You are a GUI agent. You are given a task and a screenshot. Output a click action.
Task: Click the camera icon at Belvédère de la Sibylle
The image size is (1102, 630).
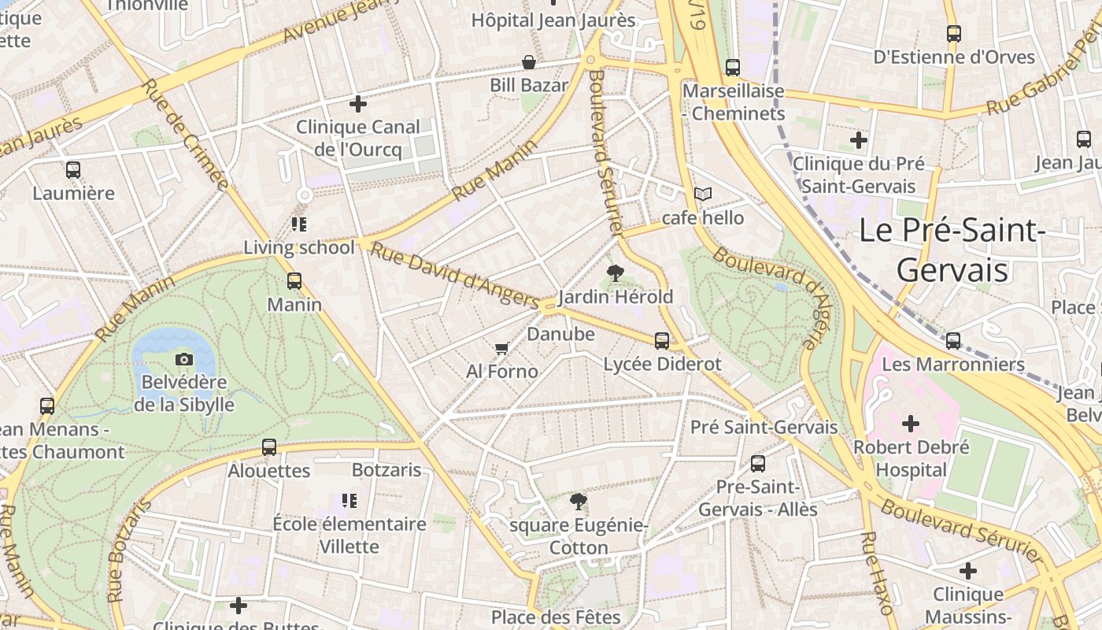point(183,359)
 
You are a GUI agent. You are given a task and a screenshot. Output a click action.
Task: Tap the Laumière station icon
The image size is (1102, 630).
point(73,169)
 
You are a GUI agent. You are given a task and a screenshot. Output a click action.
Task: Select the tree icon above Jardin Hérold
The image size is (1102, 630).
point(616,273)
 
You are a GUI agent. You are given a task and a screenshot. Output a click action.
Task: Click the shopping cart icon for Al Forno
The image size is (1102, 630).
point(501,348)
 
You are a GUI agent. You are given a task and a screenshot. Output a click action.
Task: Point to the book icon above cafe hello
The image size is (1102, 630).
point(702,194)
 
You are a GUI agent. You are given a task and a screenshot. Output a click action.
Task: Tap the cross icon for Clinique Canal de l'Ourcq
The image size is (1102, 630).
point(358,103)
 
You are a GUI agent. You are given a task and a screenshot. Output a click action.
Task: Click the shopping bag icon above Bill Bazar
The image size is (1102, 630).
point(529,62)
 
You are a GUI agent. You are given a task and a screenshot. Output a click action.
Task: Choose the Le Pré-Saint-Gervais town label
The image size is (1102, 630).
point(952,250)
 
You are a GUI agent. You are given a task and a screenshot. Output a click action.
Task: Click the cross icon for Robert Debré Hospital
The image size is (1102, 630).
point(911,424)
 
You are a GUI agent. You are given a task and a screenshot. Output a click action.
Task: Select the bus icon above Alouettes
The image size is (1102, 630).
point(269,447)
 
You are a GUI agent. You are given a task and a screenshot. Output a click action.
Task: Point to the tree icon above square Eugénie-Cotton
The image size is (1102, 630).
point(579,501)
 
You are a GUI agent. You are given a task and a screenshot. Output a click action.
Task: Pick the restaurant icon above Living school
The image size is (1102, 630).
point(298,224)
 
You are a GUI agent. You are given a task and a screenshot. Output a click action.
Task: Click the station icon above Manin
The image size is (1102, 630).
point(294,280)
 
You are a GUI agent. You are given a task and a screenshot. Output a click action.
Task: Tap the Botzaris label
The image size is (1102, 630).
point(386,470)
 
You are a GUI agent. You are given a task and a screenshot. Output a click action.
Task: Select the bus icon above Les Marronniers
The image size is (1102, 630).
point(953,341)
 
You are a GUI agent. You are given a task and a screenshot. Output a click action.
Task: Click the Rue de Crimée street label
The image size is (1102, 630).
point(185,135)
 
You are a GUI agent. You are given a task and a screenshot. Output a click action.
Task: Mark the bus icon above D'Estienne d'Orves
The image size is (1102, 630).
point(954,34)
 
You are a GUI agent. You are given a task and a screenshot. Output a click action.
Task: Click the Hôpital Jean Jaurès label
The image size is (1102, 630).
point(553,20)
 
